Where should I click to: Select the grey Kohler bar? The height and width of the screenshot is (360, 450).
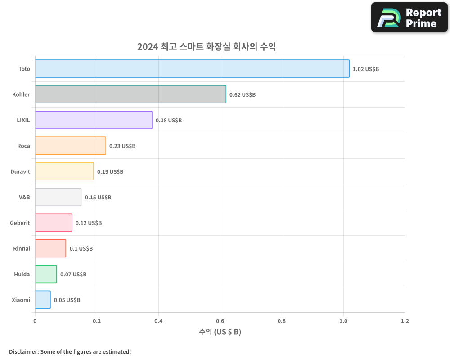[130, 94]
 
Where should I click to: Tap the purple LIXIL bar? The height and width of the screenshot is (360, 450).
[94, 120]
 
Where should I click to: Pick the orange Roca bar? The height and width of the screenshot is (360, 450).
[70, 146]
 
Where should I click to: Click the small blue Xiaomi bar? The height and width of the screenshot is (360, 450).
[43, 300]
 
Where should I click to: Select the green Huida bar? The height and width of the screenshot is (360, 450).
[46, 274]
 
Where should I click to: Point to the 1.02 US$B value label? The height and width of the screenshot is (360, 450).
[366, 69]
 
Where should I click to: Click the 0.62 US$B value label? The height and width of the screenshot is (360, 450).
[243, 95]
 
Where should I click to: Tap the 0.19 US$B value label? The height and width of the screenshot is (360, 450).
[110, 172]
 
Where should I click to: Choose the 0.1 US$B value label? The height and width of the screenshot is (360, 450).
[81, 249]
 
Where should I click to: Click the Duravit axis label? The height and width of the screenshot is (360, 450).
[20, 171]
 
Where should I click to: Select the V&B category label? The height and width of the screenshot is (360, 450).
[24, 197]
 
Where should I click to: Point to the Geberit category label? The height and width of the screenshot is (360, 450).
[20, 223]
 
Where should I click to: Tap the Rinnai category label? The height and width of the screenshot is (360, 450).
[22, 248]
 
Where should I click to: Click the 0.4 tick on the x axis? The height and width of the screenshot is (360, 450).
[158, 321]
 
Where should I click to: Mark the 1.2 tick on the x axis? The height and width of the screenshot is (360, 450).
[405, 321]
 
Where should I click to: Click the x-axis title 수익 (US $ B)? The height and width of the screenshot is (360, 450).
[220, 332]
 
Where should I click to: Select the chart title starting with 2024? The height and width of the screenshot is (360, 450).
[207, 46]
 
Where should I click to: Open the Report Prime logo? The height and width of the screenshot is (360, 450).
[409, 18]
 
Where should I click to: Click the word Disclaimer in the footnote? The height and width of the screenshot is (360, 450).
[23, 351]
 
